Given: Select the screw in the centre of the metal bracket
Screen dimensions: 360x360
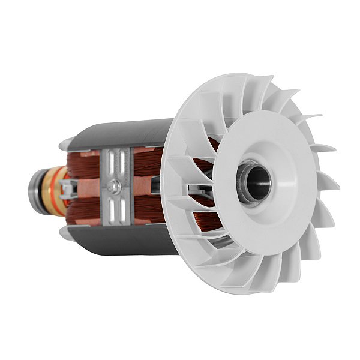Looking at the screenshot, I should (x=116, y=187).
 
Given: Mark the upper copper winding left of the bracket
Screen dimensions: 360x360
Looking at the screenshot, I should (x=84, y=165).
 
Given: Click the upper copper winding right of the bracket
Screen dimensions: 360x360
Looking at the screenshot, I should (x=147, y=162).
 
